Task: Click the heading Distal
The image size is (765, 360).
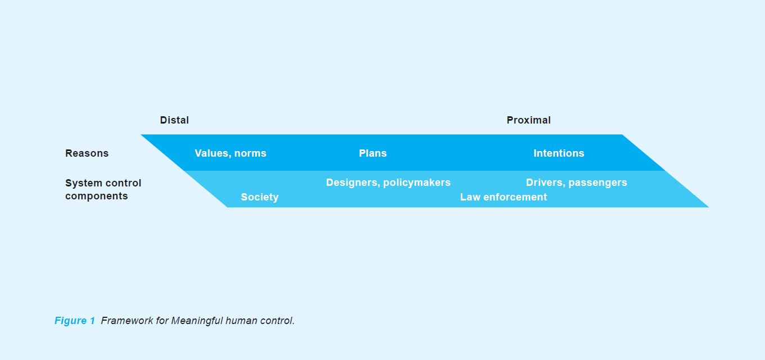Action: [x=174, y=120]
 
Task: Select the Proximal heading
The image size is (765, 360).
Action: [x=529, y=120]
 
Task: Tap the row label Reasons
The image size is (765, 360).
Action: [x=86, y=153]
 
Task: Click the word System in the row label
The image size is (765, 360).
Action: [x=83, y=184]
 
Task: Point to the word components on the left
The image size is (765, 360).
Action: [x=96, y=197]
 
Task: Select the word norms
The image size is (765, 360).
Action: [x=250, y=153]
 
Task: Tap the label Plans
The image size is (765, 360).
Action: [x=372, y=153]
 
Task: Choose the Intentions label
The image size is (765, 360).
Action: [x=559, y=153]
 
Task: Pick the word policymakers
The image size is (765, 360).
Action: [x=417, y=183]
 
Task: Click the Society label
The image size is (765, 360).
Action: [x=259, y=198]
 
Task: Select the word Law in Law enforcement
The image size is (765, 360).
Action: [x=470, y=197]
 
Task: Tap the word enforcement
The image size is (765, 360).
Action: [x=515, y=197]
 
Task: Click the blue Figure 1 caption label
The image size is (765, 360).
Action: [x=75, y=321]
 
